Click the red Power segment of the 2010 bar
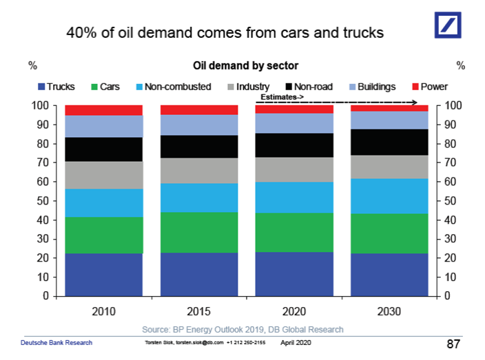point(103,110)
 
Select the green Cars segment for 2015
point(199,232)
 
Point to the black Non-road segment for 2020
point(294,145)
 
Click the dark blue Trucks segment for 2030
point(389,275)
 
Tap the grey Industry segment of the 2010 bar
point(103,175)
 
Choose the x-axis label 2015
point(199,311)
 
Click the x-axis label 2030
point(389,311)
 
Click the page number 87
point(454,343)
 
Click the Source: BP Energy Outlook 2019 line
point(242,329)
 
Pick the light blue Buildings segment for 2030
point(389,120)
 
